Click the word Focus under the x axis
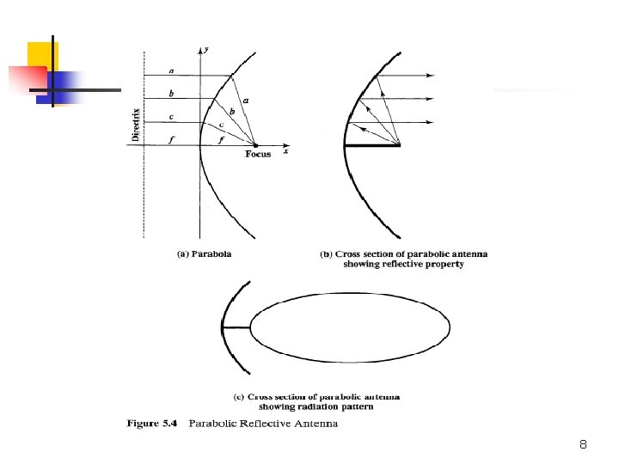pos(258,155)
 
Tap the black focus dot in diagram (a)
pos(255,145)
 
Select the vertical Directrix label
pos(135,121)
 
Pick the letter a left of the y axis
pos(171,70)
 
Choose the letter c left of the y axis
pos(171,117)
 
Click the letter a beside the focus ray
pos(247,101)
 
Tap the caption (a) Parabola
pos(204,254)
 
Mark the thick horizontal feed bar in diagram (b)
pos(372,145)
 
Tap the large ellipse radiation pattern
pos(350,327)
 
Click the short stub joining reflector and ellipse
pos(236,327)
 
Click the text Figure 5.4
pos(151,424)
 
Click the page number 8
pos(583,445)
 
